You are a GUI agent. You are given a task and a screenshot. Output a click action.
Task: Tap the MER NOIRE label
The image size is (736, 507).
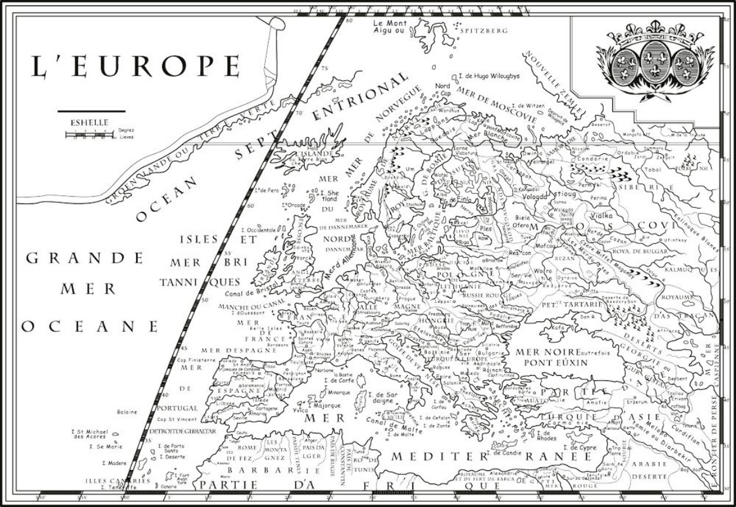(548, 352)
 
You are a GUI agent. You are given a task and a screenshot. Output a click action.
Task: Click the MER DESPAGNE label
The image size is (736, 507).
(230, 350)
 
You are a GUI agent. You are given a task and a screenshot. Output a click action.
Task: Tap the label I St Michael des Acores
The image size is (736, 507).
(97, 433)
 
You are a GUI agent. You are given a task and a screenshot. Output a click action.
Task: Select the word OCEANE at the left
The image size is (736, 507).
(89, 326)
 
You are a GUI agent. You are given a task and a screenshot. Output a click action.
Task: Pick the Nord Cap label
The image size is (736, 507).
(443, 89)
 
